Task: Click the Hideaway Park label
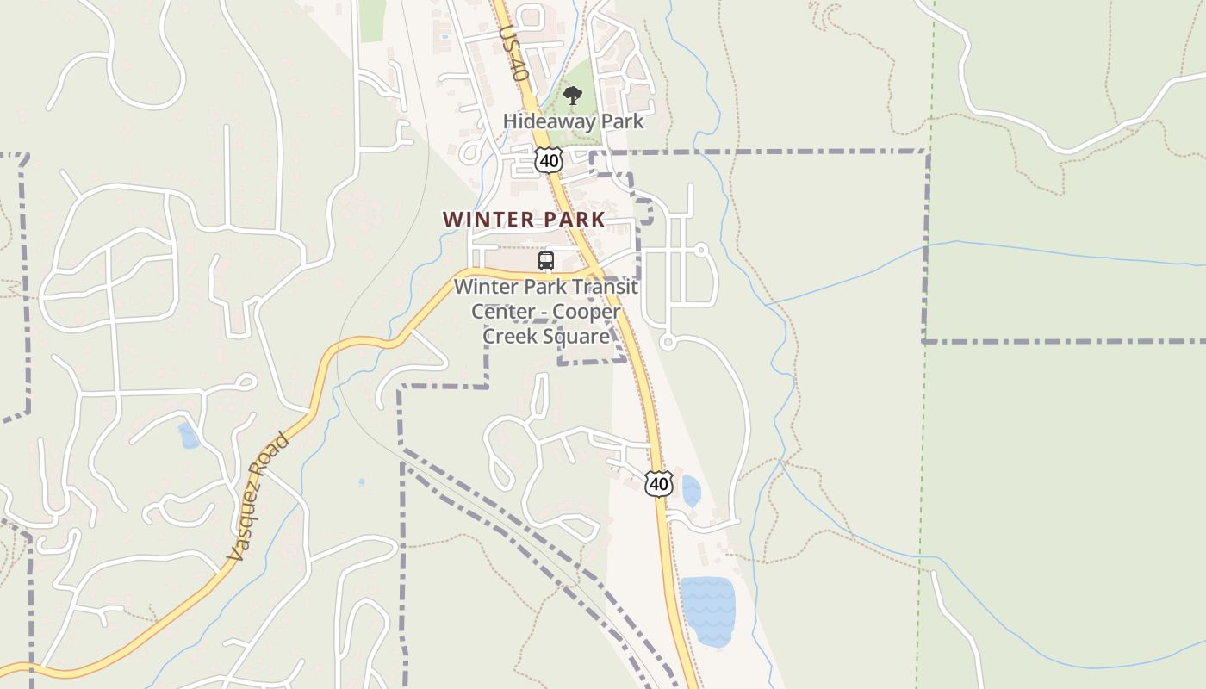pyautogui.click(x=573, y=121)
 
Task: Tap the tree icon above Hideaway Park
pyautogui.click(x=573, y=95)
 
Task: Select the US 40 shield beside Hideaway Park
pyautogui.click(x=548, y=160)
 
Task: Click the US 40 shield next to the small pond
pyautogui.click(x=658, y=484)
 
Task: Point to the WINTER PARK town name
pyautogui.click(x=524, y=220)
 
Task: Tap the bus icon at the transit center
pyautogui.click(x=545, y=261)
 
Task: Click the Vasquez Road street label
pyautogui.click(x=258, y=499)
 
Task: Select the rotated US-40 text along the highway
pyautogui.click(x=513, y=53)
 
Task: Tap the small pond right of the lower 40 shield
pyautogui.click(x=691, y=490)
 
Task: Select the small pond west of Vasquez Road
pyautogui.click(x=188, y=436)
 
